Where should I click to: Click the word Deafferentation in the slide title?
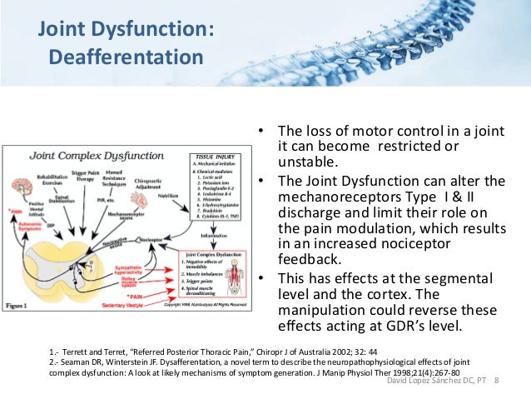click(125, 58)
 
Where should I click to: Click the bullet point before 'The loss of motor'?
click(260, 132)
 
